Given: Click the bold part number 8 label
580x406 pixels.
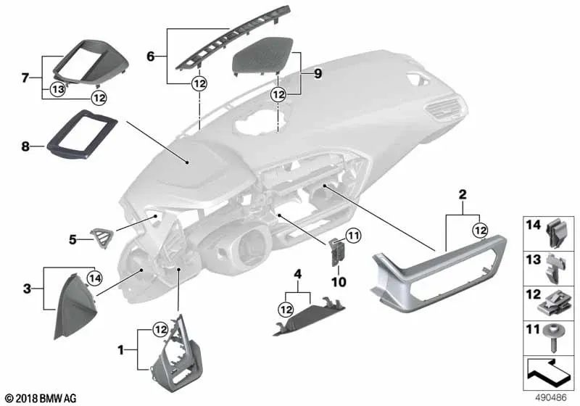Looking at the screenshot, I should tap(25, 146).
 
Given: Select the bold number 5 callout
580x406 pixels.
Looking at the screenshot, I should tap(72, 237).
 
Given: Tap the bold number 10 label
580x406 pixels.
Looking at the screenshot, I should tap(339, 280).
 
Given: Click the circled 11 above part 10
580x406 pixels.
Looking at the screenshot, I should tap(352, 234).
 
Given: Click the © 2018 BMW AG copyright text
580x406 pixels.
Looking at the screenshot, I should tap(40, 398).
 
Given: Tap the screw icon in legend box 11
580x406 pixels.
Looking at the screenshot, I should tap(554, 337).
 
